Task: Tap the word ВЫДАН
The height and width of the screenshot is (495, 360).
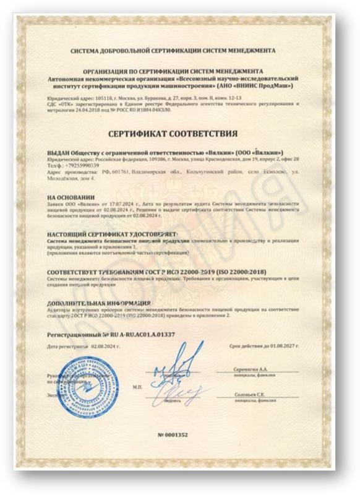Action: click(x=59, y=152)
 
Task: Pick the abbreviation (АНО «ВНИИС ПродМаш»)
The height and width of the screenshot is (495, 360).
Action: click(x=260, y=85)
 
